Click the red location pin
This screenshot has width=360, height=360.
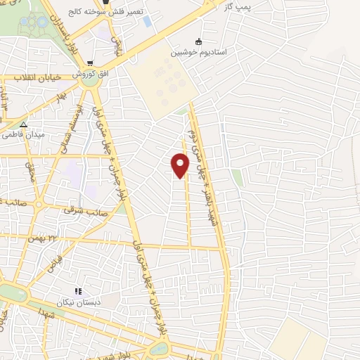(x=181, y=165)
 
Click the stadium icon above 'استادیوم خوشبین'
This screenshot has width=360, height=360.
(x=199, y=41)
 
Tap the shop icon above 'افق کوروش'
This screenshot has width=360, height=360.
(x=90, y=63)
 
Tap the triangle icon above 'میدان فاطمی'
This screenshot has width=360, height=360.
(x=23, y=124)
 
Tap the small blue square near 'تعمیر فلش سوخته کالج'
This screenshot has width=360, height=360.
(x=146, y=20)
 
